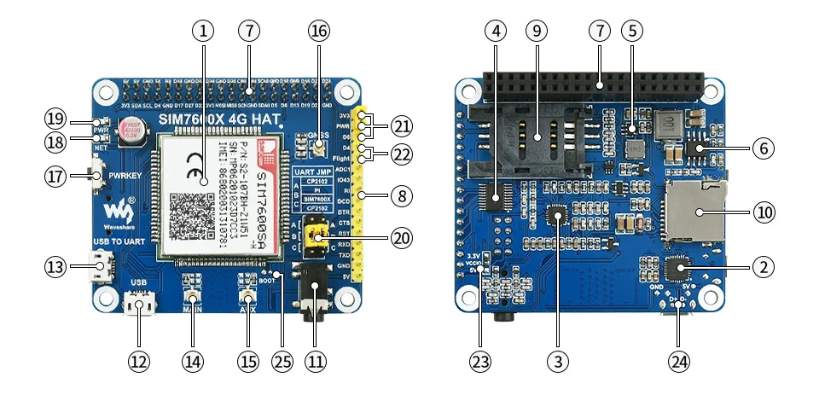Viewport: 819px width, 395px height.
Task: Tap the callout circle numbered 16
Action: (x=317, y=32)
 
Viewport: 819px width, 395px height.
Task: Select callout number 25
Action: (x=282, y=361)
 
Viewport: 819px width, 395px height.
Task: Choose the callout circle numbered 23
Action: (x=479, y=361)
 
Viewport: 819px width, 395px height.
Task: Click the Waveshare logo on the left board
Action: (x=117, y=210)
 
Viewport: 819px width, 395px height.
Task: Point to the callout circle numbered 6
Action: (x=764, y=148)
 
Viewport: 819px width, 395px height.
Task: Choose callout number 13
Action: (x=55, y=267)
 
